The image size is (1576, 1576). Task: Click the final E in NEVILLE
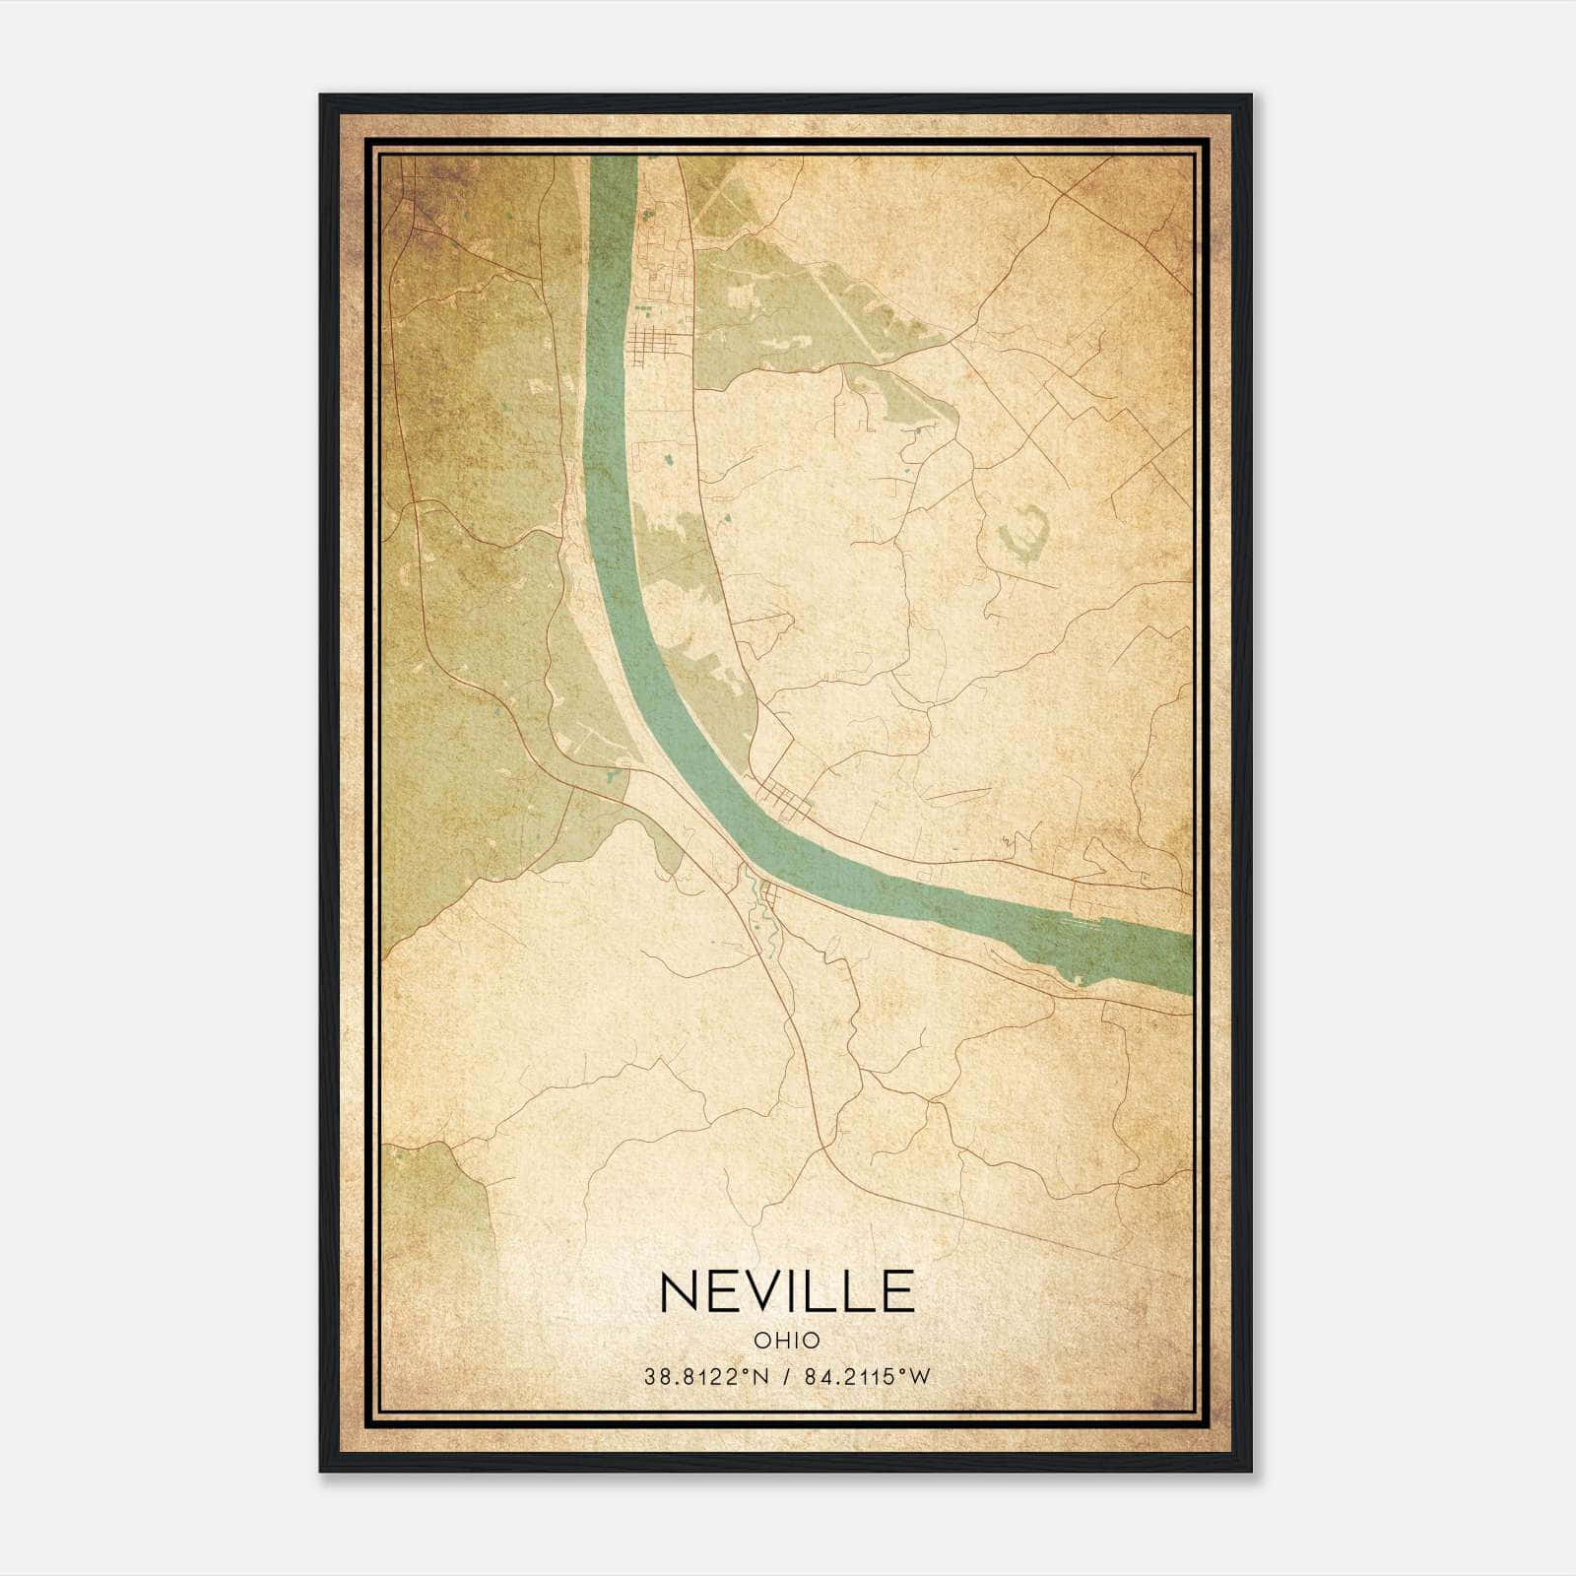(897, 1291)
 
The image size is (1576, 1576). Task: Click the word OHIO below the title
(788, 1340)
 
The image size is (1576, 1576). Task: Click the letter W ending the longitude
(920, 1377)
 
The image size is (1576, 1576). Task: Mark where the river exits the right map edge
(1189, 961)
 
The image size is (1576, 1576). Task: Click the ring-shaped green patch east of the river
(1024, 532)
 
